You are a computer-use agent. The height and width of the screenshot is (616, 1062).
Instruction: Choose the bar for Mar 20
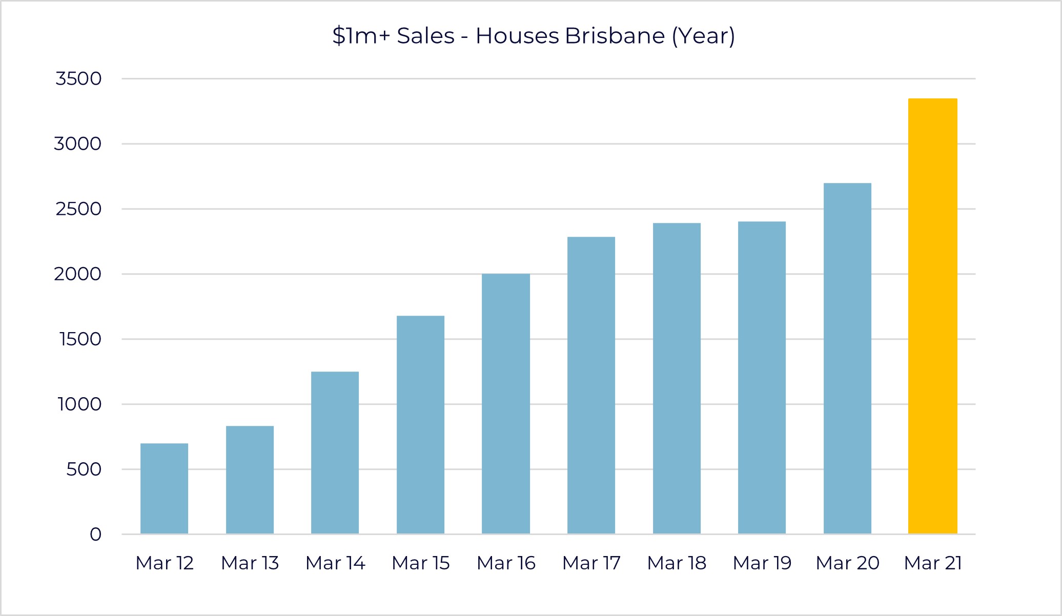tap(847, 358)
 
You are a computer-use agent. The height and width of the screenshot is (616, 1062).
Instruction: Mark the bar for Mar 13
tap(250, 480)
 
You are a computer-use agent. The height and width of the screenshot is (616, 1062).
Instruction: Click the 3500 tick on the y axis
tap(78, 79)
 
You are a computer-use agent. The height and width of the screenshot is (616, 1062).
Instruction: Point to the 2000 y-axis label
tap(78, 274)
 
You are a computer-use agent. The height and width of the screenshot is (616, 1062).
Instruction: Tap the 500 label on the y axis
tap(84, 469)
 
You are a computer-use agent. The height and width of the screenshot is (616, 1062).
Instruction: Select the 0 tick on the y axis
tap(95, 535)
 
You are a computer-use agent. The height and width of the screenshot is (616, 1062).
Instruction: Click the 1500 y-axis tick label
tap(80, 339)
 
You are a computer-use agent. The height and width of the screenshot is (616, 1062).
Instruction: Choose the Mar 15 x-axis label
tap(420, 563)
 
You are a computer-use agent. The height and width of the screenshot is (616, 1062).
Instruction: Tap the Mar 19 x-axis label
tap(762, 563)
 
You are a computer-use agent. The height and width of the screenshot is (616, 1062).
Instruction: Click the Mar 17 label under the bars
tap(591, 563)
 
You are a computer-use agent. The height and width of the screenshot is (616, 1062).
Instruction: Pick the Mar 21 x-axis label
tap(932, 563)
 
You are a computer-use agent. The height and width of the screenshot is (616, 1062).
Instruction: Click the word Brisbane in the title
tap(615, 36)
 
